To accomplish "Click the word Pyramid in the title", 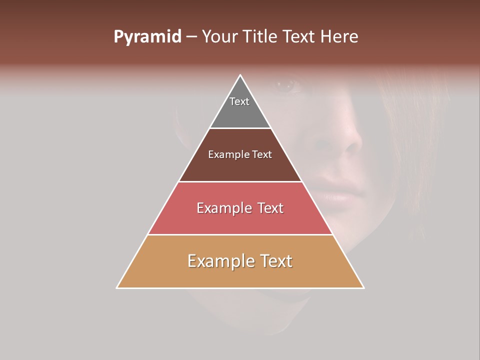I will (147, 37).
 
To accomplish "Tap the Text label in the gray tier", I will (239, 101).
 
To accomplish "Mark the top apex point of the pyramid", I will (240, 75).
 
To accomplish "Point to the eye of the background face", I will (287, 85).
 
